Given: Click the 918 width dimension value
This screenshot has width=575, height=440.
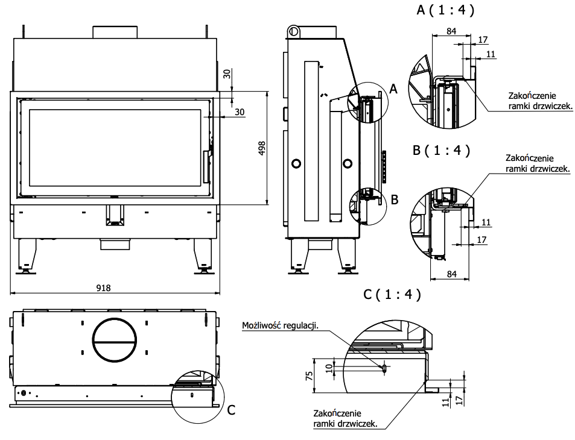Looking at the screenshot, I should click(104, 288).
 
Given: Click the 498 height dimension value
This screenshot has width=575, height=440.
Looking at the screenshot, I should click(262, 148).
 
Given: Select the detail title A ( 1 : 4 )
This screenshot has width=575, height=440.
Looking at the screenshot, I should click(445, 10).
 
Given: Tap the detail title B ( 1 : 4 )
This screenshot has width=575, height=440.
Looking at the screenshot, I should click(441, 150).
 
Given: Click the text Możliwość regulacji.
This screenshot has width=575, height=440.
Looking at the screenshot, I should click(279, 325).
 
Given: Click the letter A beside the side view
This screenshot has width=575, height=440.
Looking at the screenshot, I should click(394, 89).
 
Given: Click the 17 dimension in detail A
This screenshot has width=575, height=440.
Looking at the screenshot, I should click(482, 40).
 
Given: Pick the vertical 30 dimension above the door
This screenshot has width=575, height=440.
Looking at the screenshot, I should click(227, 74).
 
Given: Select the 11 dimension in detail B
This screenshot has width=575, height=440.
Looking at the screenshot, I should click(486, 222).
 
